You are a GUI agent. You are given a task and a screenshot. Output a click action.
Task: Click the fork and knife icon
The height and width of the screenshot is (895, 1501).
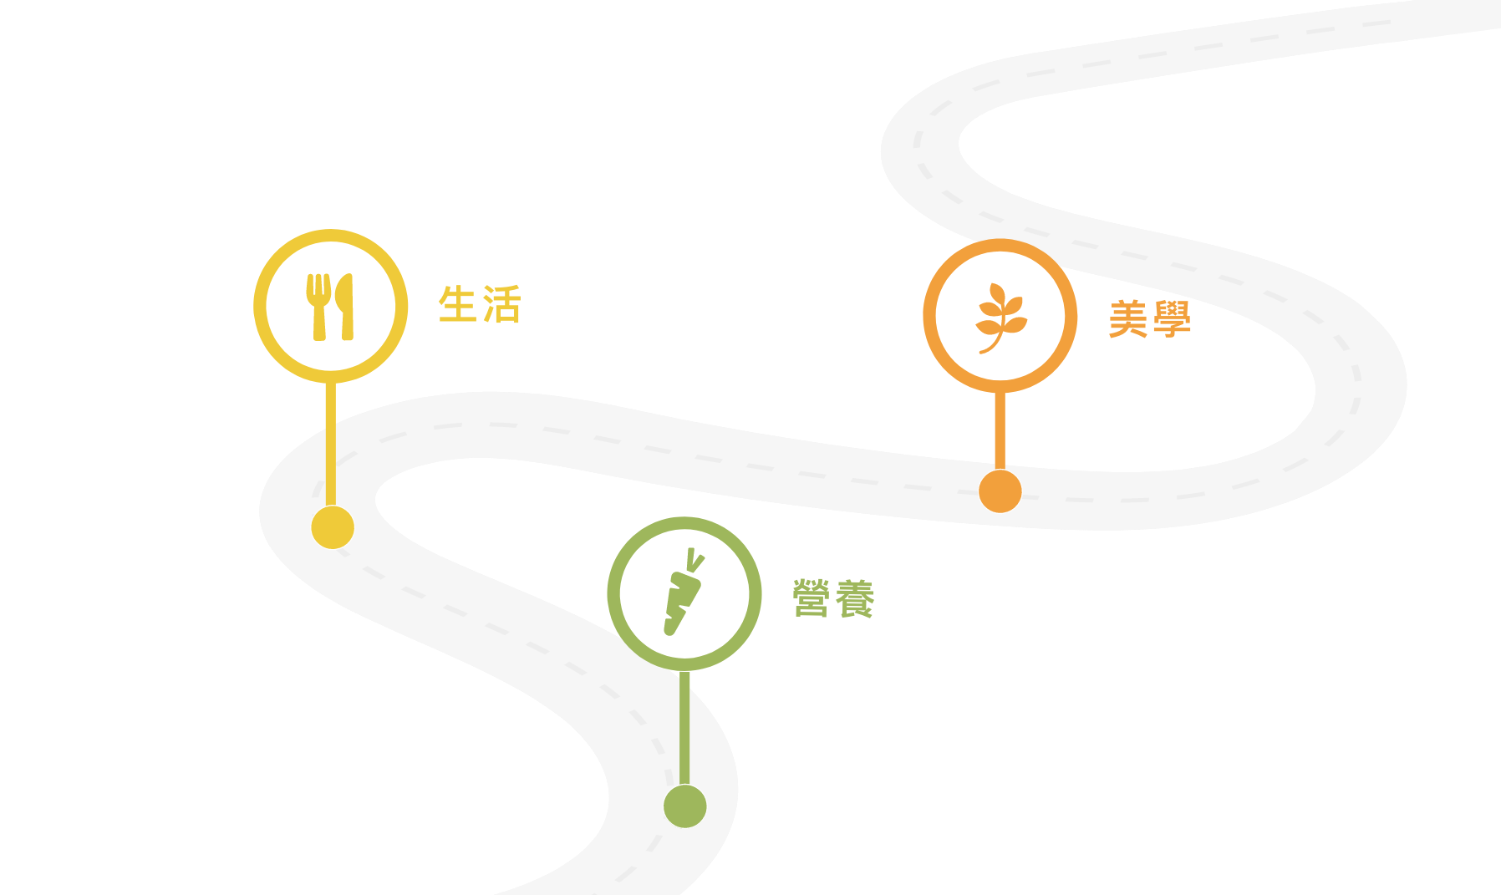331,307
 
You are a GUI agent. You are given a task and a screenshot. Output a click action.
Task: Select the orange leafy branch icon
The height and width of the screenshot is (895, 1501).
1000,317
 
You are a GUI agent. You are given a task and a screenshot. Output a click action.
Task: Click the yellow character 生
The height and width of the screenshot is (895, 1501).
458,304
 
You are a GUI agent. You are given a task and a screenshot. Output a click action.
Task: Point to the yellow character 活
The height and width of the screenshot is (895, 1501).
502,304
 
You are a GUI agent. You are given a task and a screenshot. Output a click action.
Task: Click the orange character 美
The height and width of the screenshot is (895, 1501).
1128,319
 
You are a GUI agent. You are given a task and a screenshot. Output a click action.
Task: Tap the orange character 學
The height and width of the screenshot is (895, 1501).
1172,319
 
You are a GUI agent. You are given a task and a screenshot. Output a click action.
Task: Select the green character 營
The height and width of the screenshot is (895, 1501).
811,598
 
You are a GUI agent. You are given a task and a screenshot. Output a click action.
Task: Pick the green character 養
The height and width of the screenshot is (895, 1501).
855,598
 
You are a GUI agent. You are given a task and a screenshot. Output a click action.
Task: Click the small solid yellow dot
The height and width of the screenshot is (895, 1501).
333,527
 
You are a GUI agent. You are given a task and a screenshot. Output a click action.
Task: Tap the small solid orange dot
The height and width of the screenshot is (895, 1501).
1000,491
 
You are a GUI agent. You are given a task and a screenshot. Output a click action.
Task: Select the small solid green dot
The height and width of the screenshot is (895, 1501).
685,806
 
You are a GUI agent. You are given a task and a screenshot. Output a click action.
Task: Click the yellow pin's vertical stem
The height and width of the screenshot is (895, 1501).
331,443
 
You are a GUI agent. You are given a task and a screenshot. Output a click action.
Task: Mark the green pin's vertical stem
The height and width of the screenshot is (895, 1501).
685,727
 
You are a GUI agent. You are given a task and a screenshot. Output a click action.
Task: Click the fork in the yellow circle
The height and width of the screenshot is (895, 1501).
318,306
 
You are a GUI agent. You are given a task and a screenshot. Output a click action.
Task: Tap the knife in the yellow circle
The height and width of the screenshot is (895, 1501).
345,306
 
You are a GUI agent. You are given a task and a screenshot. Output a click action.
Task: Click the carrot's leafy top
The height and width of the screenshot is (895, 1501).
694,559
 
